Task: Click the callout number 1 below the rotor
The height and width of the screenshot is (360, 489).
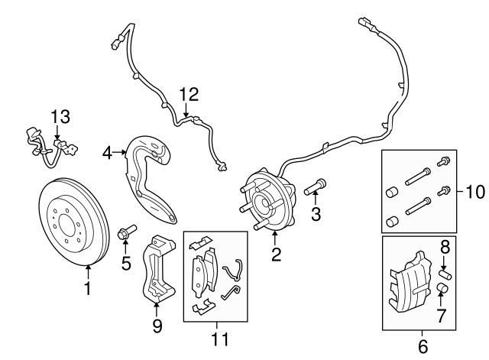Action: [x=87, y=289]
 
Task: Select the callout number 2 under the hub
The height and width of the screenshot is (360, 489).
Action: [x=276, y=254]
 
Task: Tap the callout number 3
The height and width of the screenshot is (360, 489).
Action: [x=316, y=215]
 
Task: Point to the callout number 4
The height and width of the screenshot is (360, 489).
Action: [x=108, y=154]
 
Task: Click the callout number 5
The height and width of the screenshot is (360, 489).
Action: [x=126, y=264]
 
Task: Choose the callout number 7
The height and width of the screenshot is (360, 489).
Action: [x=440, y=316]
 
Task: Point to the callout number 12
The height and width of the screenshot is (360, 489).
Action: [x=189, y=95]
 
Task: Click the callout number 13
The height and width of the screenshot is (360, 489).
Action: [x=60, y=117]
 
